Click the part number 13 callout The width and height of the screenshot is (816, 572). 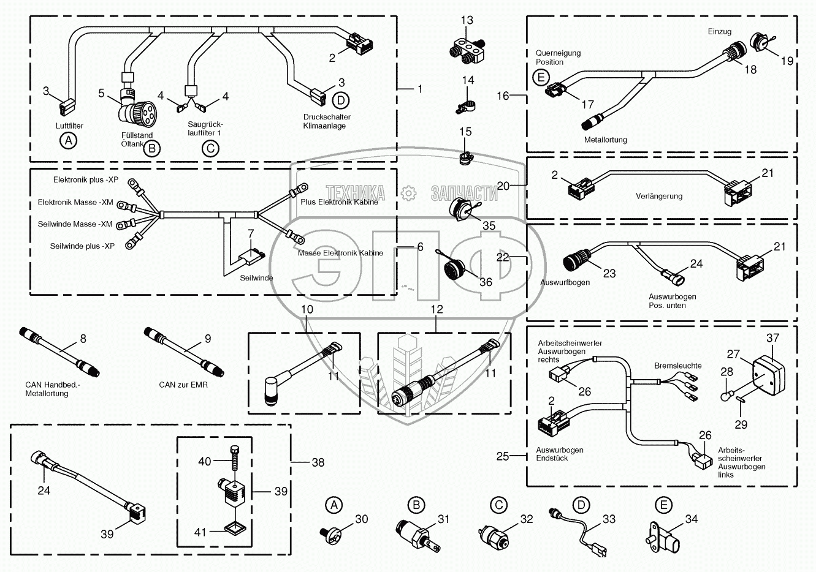pos(467,21)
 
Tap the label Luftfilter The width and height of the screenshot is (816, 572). pos(69,126)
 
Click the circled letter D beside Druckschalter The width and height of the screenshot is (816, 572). pos(341,99)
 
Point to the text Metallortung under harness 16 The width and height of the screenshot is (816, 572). pos(605,140)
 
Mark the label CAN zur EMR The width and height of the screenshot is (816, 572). pos(183,385)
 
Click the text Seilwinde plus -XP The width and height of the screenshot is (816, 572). pos(82,246)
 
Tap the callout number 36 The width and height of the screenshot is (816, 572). pos(486,282)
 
